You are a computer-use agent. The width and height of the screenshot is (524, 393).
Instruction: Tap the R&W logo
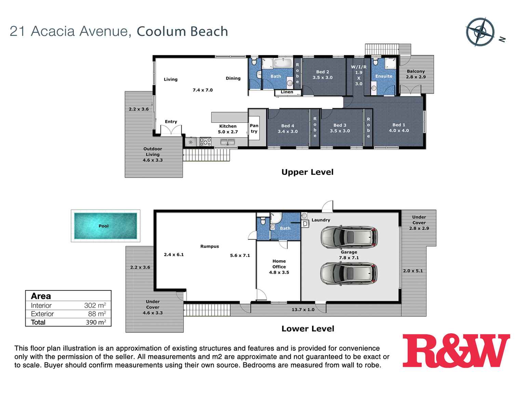[x=456, y=351]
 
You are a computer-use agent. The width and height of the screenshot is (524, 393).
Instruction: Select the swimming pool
[x=105, y=226]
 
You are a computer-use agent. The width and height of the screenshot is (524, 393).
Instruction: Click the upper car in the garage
[x=349, y=236]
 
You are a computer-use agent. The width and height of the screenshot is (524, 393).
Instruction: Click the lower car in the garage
[x=349, y=274]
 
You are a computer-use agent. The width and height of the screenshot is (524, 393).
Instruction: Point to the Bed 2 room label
[x=322, y=72]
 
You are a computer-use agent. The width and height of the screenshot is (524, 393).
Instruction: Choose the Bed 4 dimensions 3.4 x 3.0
[x=287, y=132]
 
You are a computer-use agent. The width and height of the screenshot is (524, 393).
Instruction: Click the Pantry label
[x=254, y=128]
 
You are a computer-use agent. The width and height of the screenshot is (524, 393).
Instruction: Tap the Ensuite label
[x=384, y=76]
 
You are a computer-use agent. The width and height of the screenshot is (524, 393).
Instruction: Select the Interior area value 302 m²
[x=95, y=306]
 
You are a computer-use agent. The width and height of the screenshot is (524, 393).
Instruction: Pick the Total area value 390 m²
[x=96, y=322]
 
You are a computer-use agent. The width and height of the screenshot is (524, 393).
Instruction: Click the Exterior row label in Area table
[x=42, y=314]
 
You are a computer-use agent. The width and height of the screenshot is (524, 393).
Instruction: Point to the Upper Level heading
[x=307, y=172]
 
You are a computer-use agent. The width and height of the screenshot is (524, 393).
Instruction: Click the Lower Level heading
[x=308, y=329]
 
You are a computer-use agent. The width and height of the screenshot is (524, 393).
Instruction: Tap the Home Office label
[x=279, y=264]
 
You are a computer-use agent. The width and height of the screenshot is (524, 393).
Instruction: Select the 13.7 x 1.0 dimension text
[x=303, y=310]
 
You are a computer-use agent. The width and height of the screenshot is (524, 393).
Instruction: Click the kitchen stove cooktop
[x=205, y=141]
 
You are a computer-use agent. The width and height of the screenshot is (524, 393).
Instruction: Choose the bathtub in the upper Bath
[x=283, y=63]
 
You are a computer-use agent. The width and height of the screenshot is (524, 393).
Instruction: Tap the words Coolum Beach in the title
[x=182, y=31]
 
